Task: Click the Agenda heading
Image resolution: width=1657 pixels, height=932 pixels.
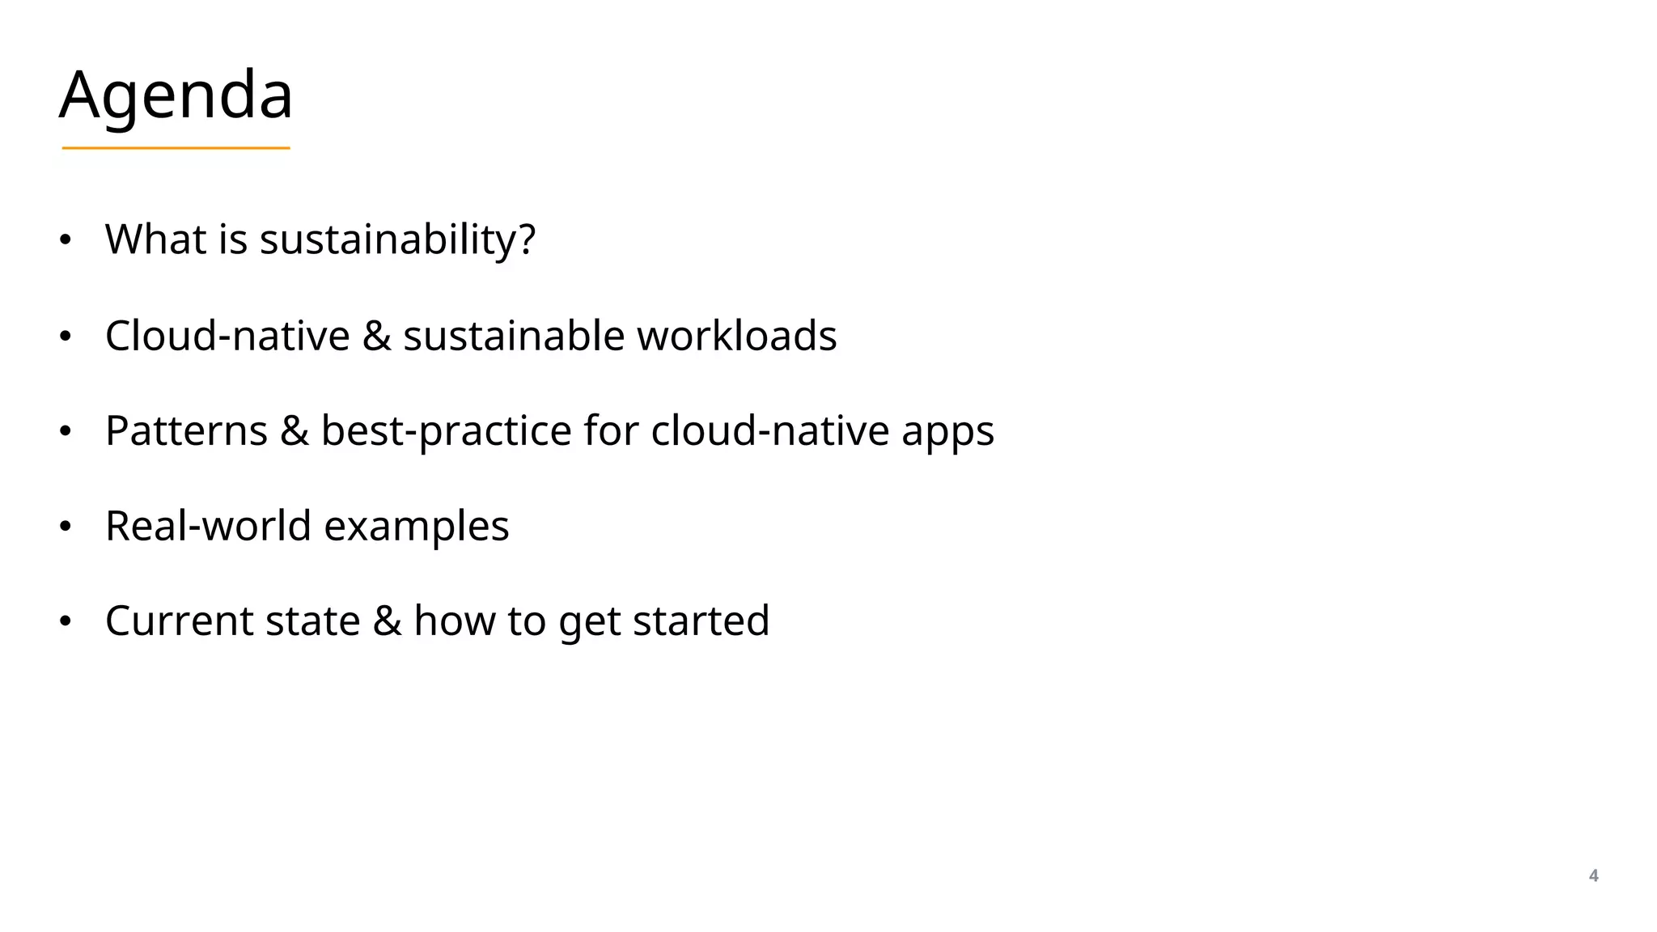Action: tap(176, 95)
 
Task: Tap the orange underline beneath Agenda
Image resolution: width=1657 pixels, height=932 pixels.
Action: tap(176, 148)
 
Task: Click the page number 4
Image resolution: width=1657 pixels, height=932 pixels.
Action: tap(1593, 875)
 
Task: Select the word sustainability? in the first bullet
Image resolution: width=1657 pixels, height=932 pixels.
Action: tap(397, 239)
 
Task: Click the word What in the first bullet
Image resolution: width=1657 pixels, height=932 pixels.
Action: tap(155, 239)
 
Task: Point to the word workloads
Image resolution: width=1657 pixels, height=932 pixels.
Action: tap(736, 335)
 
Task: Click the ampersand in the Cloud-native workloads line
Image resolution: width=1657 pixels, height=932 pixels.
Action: tap(376, 335)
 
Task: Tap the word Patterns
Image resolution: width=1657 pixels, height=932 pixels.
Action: tap(186, 430)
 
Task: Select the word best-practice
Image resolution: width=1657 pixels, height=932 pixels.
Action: tap(446, 430)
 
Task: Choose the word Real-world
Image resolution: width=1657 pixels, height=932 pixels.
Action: tap(208, 526)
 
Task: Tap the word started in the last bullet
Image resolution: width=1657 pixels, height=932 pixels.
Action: tap(701, 621)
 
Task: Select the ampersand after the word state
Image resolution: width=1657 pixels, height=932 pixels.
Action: tap(387, 621)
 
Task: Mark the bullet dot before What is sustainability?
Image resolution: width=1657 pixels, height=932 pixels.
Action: tap(66, 240)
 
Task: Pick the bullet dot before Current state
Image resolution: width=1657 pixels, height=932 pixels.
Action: tap(66, 622)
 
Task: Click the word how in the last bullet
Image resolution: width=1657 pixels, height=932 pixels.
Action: tap(454, 621)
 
